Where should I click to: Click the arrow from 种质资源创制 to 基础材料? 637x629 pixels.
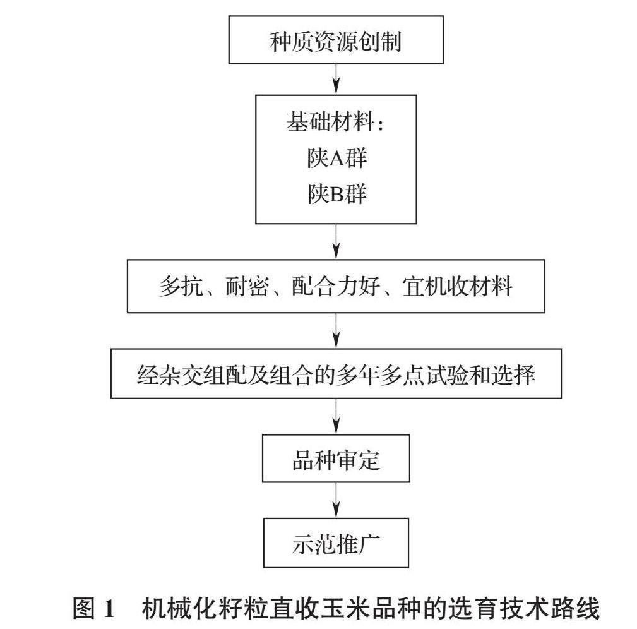[x=336, y=78]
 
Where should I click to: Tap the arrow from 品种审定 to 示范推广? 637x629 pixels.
[x=336, y=499]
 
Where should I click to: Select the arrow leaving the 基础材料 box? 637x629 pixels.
[x=336, y=241]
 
